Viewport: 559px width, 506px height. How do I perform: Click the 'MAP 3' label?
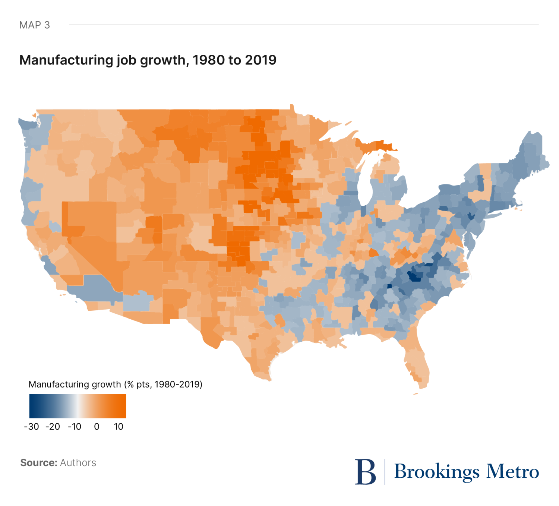[34, 25]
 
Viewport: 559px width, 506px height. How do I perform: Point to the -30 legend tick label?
[31, 427]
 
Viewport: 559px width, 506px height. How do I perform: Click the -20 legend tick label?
[53, 427]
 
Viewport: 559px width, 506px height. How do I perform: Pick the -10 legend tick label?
[75, 427]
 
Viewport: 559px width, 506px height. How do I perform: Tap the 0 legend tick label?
[97, 427]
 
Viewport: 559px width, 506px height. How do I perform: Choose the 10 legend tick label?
[119, 427]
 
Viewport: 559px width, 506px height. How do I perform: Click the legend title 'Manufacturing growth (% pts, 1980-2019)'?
[116, 384]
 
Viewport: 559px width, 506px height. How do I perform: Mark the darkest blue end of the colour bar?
[32, 406]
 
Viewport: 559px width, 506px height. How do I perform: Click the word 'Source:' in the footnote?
[39, 463]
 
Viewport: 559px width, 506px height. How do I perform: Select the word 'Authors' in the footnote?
[78, 463]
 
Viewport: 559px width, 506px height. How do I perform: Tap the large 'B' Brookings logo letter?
[365, 472]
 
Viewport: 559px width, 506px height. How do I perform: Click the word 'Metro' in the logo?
[513, 472]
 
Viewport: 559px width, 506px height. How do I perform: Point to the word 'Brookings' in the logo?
[436, 472]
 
